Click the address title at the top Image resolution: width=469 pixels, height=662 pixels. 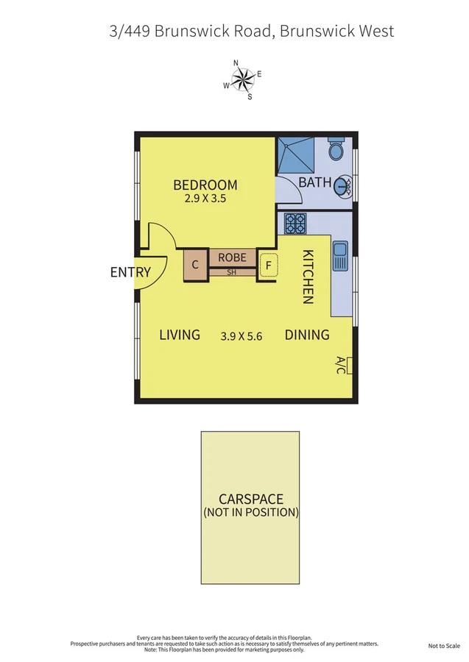251,31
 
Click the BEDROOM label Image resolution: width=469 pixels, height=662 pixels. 205,185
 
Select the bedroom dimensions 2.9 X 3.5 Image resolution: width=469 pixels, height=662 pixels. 205,198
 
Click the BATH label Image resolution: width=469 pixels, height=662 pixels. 314,182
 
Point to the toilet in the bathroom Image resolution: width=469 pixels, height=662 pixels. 336,149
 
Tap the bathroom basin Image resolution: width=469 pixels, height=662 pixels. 342,187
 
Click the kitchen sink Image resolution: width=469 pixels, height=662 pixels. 340,256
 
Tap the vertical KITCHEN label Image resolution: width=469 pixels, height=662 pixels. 308,276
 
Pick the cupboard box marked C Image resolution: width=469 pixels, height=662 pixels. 195,265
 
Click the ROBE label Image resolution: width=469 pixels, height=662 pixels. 233,258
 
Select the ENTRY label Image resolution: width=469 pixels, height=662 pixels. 130,272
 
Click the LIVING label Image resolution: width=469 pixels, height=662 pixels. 180,335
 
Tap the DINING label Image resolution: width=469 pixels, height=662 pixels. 307,335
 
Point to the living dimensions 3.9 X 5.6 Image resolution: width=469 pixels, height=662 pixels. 242,335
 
